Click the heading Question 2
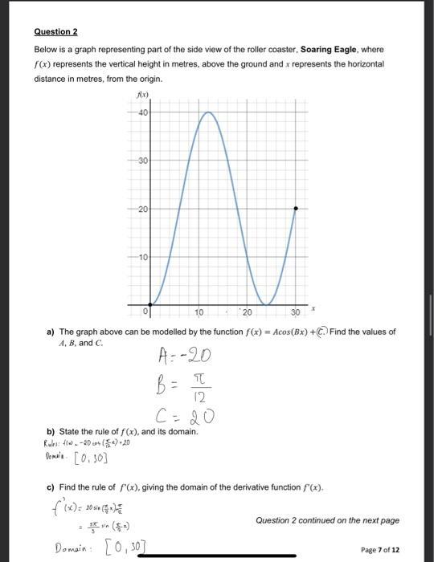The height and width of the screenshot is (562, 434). pos(55,31)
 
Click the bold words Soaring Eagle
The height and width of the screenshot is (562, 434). pos(329,50)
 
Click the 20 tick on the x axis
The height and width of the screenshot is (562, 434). pos(248,312)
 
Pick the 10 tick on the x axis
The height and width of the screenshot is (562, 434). pos(200,312)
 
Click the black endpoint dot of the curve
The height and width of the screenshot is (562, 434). pos(295,208)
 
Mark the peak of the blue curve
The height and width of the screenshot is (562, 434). pos(207,112)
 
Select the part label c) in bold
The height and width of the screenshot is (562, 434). pos(51,486)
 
